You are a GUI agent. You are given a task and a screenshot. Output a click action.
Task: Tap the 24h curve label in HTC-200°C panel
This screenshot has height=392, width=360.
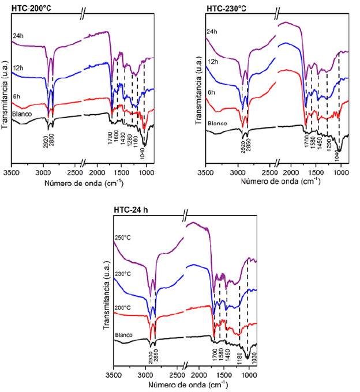tap(18, 36)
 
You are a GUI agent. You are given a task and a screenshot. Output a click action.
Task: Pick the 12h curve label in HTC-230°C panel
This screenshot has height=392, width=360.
tap(213, 62)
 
